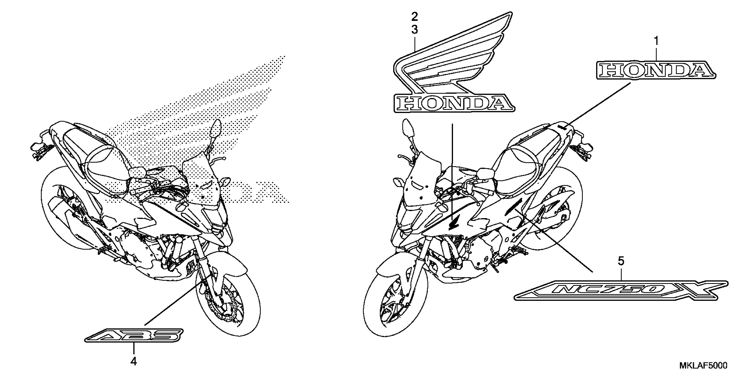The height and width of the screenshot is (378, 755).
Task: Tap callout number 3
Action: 414,30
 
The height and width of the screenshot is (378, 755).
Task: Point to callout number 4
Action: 134,362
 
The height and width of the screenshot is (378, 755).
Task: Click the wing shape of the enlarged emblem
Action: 457,53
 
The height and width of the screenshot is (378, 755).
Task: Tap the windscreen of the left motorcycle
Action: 202,182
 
